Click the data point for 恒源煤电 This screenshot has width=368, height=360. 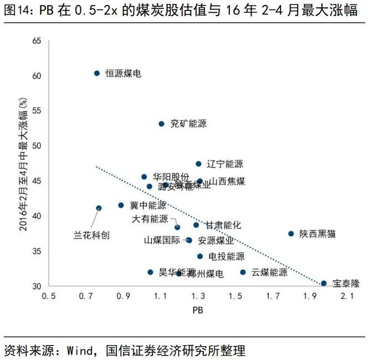point(96,73)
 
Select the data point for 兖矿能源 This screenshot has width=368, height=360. point(161,124)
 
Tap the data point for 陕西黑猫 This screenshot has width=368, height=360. point(291,234)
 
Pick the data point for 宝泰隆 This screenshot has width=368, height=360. point(324,284)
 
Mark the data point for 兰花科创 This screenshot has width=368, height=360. point(99,208)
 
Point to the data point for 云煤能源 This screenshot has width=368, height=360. point(243,272)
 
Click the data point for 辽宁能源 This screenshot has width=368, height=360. point(198,164)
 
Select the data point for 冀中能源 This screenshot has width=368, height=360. point(121,205)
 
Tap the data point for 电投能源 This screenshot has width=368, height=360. point(200,256)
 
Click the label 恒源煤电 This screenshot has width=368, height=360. point(123,74)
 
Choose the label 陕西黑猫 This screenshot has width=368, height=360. point(318,234)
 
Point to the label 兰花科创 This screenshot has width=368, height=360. point(92,235)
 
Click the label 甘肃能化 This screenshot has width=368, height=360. point(223,225)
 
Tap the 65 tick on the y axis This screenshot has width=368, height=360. point(37,41)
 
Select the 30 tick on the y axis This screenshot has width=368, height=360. point(37,286)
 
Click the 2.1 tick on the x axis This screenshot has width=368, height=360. point(347,297)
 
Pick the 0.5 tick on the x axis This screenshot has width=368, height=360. point(49,297)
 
